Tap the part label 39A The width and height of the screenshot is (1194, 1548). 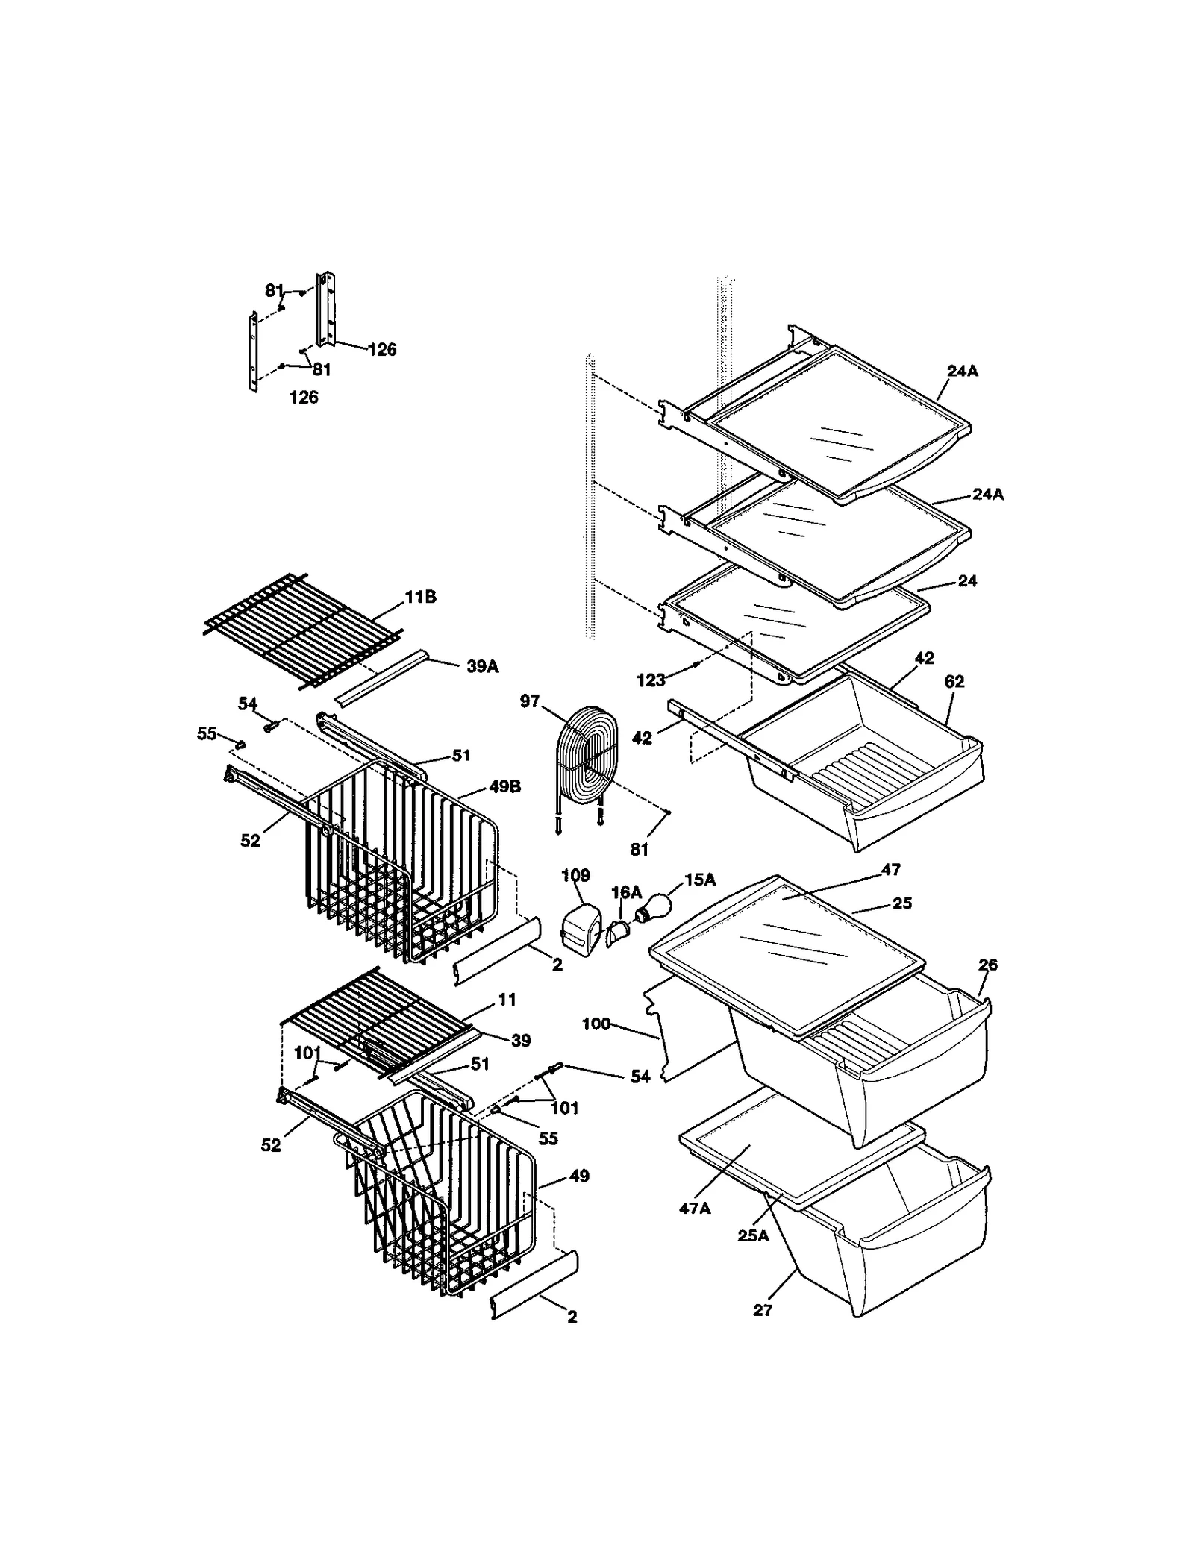482,666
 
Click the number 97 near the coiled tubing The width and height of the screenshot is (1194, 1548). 529,702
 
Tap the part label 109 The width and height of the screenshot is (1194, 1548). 575,875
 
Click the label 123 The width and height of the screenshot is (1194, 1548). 650,680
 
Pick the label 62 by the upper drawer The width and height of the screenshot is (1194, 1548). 954,681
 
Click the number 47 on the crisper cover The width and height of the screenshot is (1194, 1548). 890,869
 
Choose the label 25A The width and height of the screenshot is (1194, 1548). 752,1235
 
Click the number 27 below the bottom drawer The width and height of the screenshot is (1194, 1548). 762,1309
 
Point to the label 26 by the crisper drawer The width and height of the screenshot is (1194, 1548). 987,965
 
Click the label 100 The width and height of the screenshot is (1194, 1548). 596,1024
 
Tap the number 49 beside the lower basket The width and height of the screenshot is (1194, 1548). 578,1176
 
